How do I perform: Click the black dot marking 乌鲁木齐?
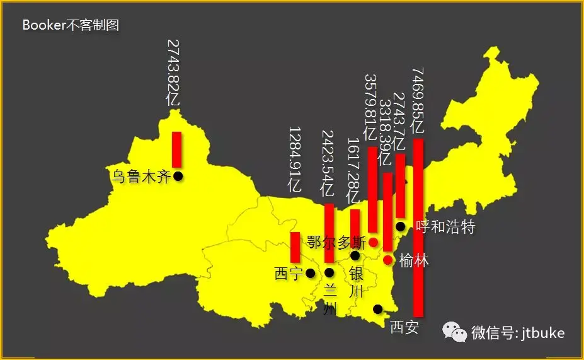point(178,176)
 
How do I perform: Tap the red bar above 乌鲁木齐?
point(176,149)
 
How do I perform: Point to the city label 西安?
point(404,327)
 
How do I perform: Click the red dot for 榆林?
point(388,260)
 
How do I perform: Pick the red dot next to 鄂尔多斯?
point(373,242)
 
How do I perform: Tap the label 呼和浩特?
point(445,227)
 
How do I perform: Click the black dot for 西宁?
point(310,273)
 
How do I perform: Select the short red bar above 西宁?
point(295,247)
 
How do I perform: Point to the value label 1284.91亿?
point(295,159)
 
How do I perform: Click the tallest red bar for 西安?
point(418,227)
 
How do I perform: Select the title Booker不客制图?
point(71,26)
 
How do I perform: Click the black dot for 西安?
point(378,308)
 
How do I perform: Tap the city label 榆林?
point(413,260)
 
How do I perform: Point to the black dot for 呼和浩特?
point(401,226)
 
